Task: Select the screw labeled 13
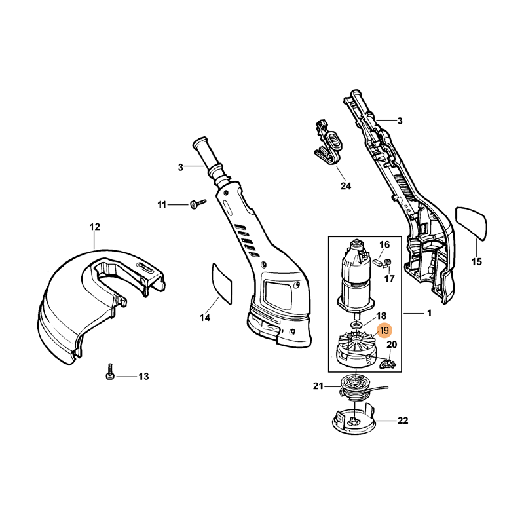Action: click(111, 375)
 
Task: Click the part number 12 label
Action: click(94, 227)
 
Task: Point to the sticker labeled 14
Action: click(222, 282)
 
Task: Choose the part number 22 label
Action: click(403, 421)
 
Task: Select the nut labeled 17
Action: click(388, 265)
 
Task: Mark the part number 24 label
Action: click(346, 187)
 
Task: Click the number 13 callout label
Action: click(143, 376)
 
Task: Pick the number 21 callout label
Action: click(319, 386)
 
